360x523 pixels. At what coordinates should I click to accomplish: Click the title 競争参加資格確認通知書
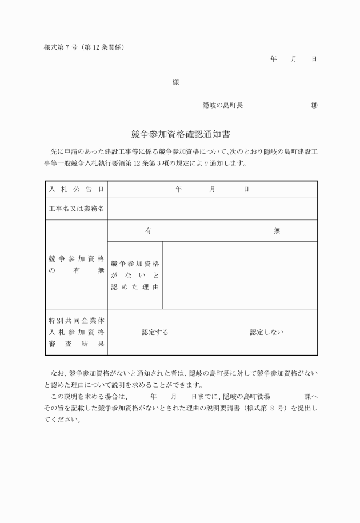click(x=180, y=135)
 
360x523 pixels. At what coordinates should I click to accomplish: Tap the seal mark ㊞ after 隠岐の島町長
click(x=314, y=106)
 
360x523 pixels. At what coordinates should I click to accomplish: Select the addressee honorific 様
click(x=176, y=82)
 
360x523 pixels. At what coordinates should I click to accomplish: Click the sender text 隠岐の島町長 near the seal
click(x=223, y=106)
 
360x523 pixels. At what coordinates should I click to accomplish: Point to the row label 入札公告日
click(x=77, y=189)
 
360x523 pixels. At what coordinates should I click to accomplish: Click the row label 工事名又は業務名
click(x=77, y=209)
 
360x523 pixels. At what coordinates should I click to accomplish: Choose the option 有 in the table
click(x=148, y=231)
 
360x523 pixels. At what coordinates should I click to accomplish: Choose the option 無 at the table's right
click(x=277, y=231)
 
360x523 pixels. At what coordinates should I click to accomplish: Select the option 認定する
click(x=155, y=332)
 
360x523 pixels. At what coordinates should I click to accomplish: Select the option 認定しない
click(x=266, y=332)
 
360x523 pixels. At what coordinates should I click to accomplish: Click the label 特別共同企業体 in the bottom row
click(x=77, y=320)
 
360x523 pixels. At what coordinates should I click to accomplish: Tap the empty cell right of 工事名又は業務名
click(x=212, y=209)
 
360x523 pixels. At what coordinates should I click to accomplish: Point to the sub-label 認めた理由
click(x=135, y=286)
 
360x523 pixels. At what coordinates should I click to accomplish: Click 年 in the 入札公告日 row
click(x=179, y=189)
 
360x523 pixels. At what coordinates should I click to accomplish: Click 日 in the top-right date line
click(x=314, y=59)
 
